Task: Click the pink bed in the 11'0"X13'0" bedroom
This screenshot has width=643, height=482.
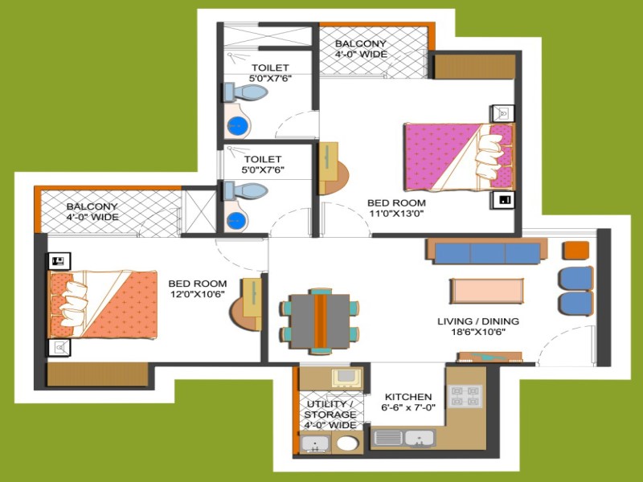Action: click(x=459, y=157)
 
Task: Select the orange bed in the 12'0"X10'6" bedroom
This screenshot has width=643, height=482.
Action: click(x=103, y=304)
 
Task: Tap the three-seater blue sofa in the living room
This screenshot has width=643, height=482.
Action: click(x=487, y=253)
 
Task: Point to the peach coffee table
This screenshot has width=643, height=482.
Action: click(x=486, y=291)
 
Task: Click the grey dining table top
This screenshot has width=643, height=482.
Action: click(x=320, y=321)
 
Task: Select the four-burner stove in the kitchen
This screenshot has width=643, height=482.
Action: click(x=465, y=396)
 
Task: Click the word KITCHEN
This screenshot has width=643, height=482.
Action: click(x=408, y=397)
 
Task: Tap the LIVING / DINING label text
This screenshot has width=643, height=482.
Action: click(x=478, y=321)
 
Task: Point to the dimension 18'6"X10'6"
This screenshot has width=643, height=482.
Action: click(x=478, y=332)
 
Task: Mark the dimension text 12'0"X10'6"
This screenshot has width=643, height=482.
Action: click(x=197, y=293)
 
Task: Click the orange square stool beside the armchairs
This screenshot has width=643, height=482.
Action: click(x=576, y=251)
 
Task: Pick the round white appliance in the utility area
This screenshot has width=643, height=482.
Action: click(x=347, y=444)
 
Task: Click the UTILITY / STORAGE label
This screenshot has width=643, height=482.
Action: click(x=330, y=409)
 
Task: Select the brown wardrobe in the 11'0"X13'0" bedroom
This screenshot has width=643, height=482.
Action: click(x=474, y=67)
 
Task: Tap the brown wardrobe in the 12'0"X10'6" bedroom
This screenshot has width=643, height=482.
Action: click(x=97, y=374)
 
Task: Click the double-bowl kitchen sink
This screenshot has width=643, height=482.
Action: click(x=403, y=438)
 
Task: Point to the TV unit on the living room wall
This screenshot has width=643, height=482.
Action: click(x=489, y=357)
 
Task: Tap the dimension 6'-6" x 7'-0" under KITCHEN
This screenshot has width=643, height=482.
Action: click(x=408, y=407)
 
